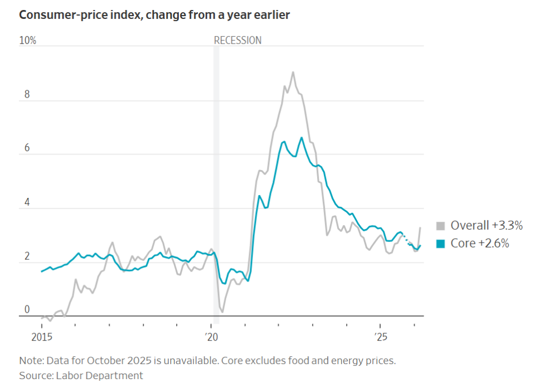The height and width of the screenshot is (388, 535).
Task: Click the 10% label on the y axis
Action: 28,41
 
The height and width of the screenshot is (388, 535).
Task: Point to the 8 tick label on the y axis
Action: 26,95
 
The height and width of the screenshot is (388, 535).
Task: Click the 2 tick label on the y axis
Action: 26,256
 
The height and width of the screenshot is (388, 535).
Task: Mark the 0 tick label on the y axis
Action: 26,310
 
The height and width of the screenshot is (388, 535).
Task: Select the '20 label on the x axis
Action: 211,337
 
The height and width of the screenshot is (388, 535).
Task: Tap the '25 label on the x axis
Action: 380,337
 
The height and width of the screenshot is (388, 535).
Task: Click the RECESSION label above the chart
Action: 237,40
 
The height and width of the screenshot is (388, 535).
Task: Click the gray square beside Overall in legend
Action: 440,226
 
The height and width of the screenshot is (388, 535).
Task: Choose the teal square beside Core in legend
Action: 440,244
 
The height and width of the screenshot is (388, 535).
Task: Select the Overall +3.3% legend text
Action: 487,226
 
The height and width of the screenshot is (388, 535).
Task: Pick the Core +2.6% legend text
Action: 480,244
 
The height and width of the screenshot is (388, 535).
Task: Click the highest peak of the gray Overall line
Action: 293,72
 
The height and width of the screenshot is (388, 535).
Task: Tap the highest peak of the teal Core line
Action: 301,137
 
